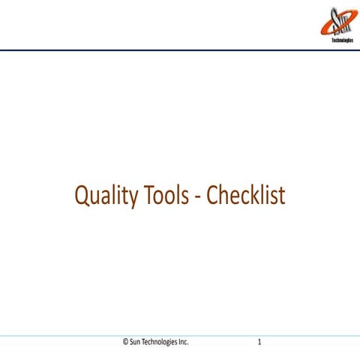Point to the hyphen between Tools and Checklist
click(x=199, y=198)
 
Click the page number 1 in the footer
click(x=259, y=342)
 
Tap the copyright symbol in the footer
click(x=126, y=342)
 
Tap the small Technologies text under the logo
click(x=342, y=41)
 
